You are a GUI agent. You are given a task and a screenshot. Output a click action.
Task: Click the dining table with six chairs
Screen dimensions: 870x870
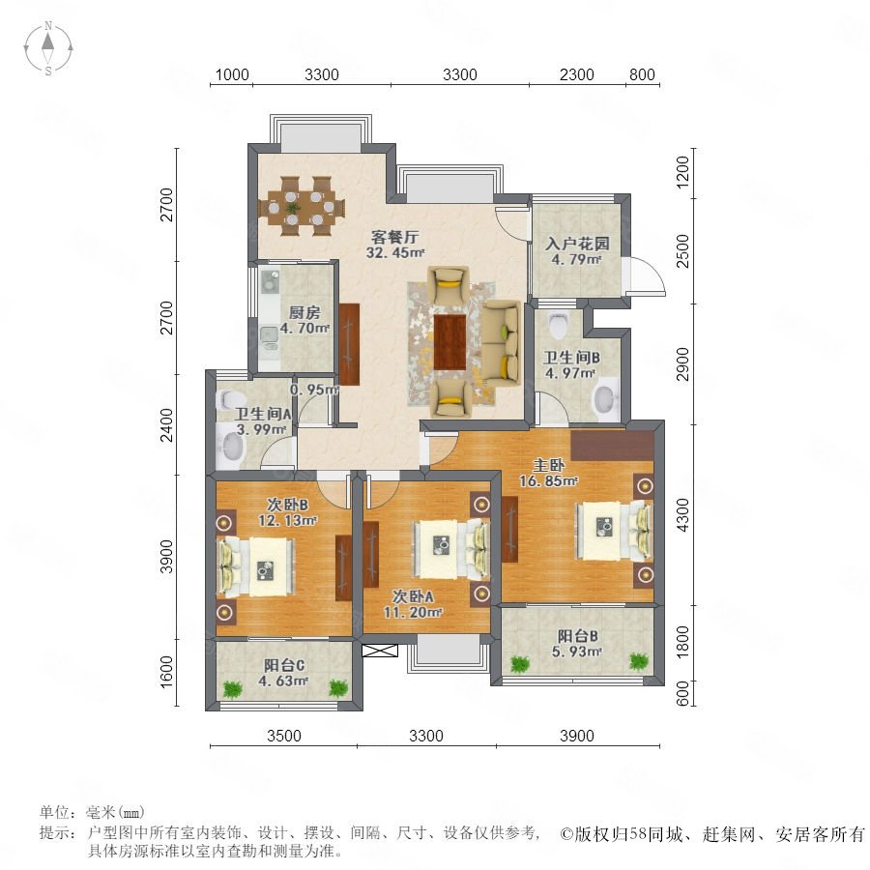coord(303,205)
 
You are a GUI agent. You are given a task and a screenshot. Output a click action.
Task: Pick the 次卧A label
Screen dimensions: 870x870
coord(417,595)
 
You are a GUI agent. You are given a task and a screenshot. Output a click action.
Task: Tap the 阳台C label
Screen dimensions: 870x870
coord(285,665)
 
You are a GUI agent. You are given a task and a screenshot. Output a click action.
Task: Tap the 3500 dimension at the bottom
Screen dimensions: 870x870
coord(284,736)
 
